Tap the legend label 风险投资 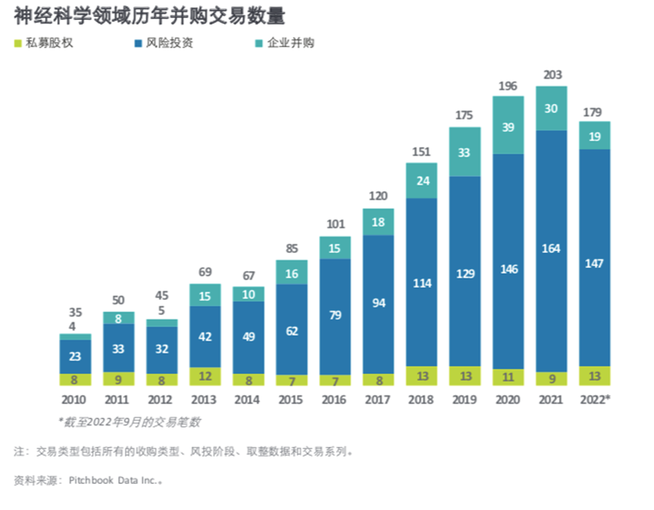tap(168, 43)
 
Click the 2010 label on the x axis tap(75, 399)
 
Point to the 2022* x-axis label tap(595, 399)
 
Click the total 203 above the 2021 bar tap(552, 74)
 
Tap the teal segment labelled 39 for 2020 tap(508, 127)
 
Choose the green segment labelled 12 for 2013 tap(205, 377)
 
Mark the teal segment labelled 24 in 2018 tap(421, 180)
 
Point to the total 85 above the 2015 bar tap(291, 248)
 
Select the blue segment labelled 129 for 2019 tap(465, 273)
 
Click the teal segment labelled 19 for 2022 tap(595, 136)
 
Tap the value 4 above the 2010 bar tap(73, 326)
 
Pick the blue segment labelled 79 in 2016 tap(335, 316)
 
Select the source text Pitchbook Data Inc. tap(110, 480)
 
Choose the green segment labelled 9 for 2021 tap(551, 379)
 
